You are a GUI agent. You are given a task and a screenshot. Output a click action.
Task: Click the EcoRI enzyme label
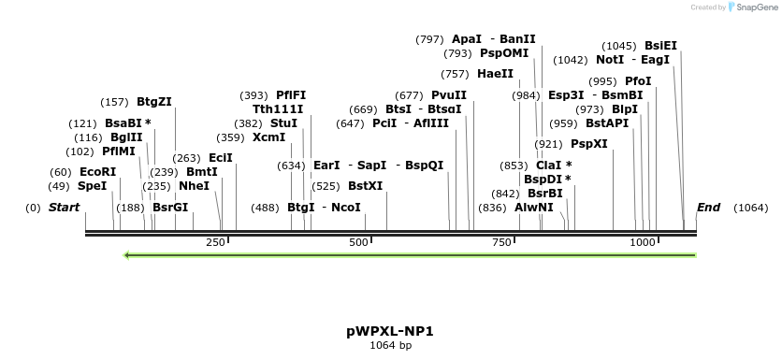tap(98, 172)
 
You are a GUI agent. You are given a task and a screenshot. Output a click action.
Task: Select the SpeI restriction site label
tap(92, 186)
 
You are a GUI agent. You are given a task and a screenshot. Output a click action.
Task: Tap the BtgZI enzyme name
tap(154, 102)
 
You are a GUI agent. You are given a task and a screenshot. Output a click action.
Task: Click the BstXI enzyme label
tap(366, 186)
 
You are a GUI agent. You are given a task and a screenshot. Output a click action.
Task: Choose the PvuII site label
tap(449, 95)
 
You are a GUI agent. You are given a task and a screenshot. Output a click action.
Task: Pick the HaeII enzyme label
tap(495, 74)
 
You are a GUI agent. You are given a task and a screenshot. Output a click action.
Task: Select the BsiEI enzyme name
tap(661, 46)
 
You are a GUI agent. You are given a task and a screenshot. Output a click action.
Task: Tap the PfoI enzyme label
tap(638, 81)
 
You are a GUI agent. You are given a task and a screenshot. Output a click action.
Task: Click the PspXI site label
tap(589, 144)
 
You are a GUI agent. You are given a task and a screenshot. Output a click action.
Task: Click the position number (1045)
tap(619, 46)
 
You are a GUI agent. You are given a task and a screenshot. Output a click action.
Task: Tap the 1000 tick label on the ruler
tap(643, 242)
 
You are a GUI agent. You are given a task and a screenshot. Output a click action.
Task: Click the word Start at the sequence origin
tap(65, 208)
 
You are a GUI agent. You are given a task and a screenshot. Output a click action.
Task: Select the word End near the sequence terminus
tap(708, 208)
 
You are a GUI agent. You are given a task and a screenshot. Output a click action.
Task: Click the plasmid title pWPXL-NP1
tap(390, 331)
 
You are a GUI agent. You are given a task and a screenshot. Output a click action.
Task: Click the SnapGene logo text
tap(757, 7)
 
